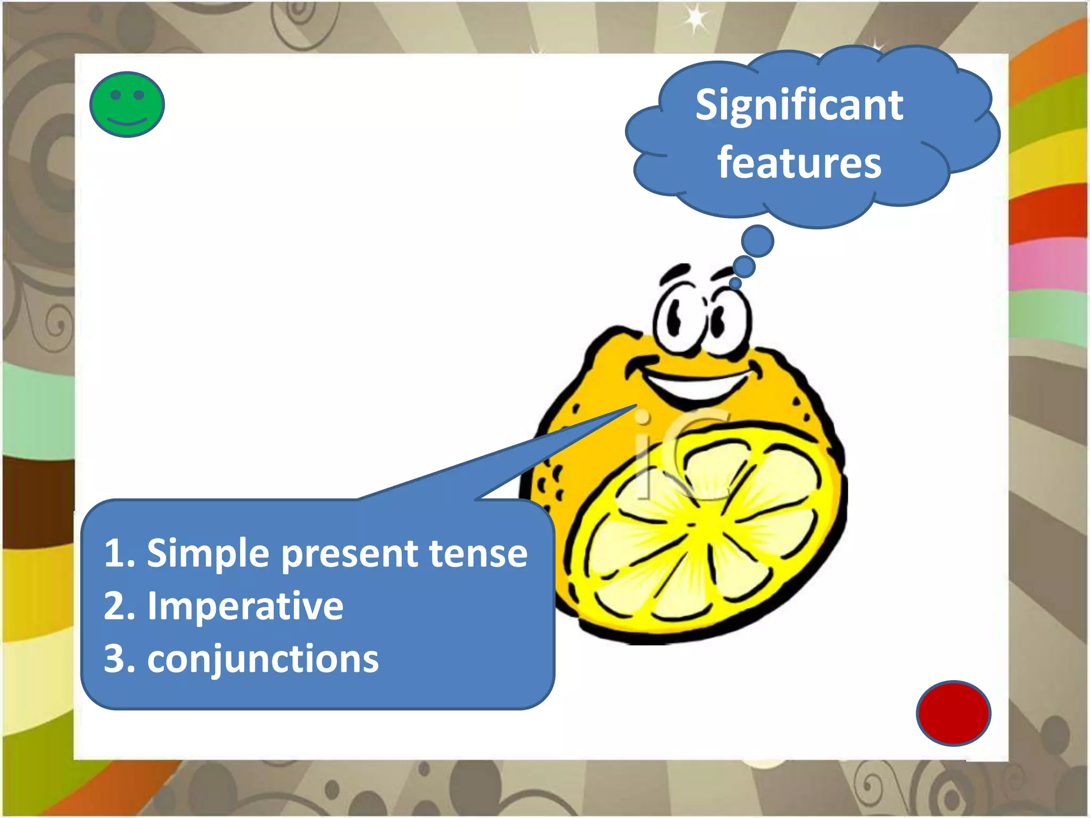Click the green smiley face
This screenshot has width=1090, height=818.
click(x=127, y=104)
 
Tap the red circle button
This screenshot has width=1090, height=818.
click(x=953, y=713)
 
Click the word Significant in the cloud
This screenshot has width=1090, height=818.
click(x=799, y=105)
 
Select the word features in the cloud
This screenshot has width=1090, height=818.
click(x=799, y=163)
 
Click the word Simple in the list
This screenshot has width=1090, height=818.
click(x=208, y=554)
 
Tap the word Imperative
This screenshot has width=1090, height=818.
click(x=245, y=606)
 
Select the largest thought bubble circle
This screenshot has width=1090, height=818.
click(x=757, y=241)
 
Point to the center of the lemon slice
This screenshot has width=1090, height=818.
click(x=691, y=525)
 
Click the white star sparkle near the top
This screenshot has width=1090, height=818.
click(x=695, y=19)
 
